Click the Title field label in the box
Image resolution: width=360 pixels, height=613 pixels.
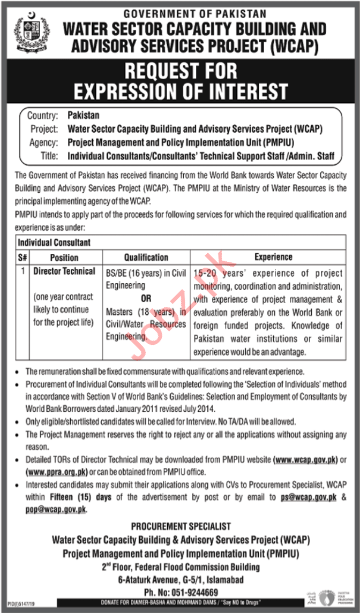pyautogui.click(x=50, y=156)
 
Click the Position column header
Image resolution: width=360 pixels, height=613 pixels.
pyautogui.click(x=64, y=257)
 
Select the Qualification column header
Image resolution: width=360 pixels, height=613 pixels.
pyautogui.click(x=146, y=257)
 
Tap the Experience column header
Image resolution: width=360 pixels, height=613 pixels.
pyautogui.click(x=273, y=257)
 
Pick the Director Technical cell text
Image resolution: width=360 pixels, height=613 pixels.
pyautogui.click(x=64, y=271)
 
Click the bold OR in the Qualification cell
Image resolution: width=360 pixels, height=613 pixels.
pyautogui.click(x=146, y=299)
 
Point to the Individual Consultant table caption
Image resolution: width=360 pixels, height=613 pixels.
pyautogui.click(x=54, y=243)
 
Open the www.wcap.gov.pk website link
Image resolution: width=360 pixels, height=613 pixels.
pyautogui.click(x=306, y=459)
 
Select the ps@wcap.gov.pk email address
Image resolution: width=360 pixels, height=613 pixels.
pyautogui.click(x=309, y=497)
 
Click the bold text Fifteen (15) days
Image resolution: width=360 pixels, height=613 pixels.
pyautogui.click(x=81, y=497)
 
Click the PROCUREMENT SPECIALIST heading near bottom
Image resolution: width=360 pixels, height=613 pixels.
pyautogui.click(x=181, y=527)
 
